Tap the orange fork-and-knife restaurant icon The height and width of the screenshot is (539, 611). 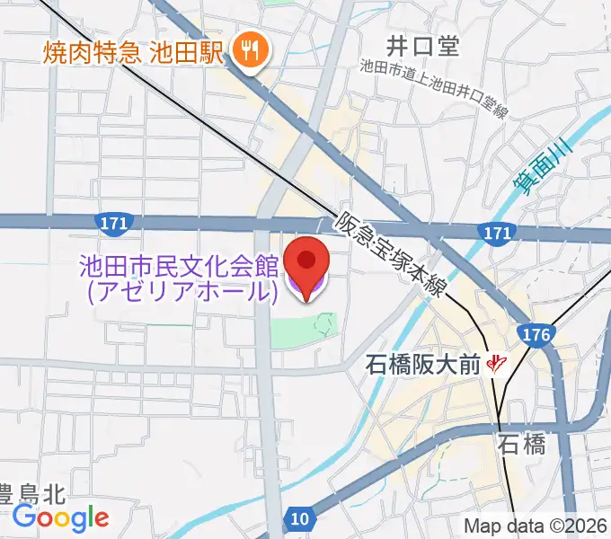[x=250, y=50]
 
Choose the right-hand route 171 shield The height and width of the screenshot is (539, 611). [x=498, y=233]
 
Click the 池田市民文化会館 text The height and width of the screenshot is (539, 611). [x=179, y=267]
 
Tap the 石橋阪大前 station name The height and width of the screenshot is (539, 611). [x=422, y=365]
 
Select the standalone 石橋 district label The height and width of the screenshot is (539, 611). [x=521, y=445]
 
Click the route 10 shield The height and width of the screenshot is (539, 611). [x=300, y=518]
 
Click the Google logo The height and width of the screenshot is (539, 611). [x=61, y=518]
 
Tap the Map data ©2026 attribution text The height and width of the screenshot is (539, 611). [x=536, y=526]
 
